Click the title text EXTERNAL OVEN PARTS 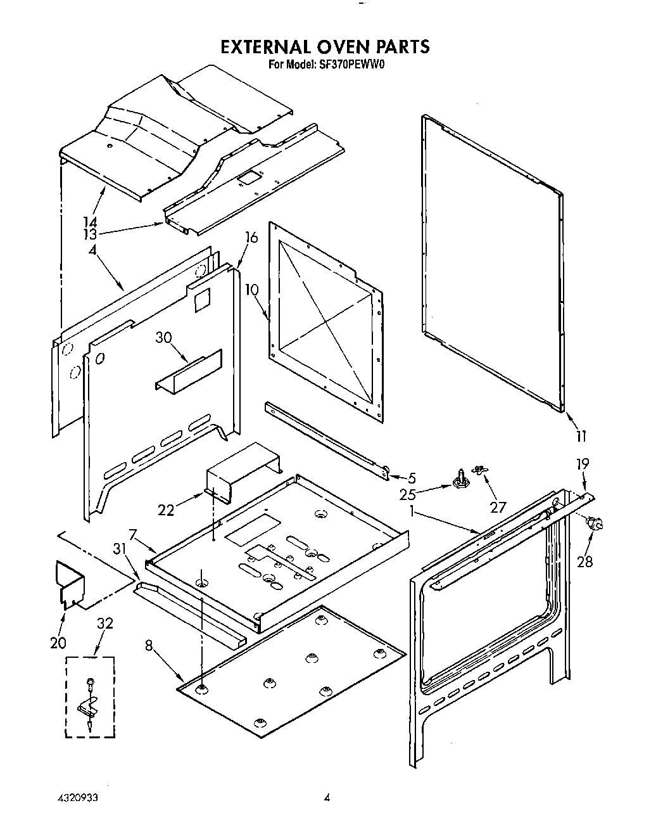[324, 47]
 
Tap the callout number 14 [90, 222]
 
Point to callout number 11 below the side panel [581, 435]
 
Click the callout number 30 [164, 338]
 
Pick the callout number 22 [166, 510]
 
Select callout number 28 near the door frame [584, 561]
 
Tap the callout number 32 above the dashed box [104, 623]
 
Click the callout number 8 [148, 646]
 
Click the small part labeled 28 [595, 523]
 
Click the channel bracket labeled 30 [189, 373]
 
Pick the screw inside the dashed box [89, 684]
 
